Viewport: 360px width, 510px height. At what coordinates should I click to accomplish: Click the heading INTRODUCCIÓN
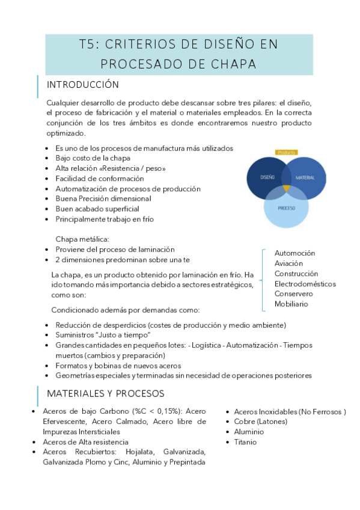82,84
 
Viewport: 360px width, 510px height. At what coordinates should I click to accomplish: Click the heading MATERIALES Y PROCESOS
106,393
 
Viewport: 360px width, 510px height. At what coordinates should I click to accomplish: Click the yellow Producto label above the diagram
286,152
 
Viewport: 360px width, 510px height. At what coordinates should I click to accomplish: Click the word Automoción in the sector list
294,253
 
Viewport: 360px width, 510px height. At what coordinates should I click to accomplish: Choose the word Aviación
288,263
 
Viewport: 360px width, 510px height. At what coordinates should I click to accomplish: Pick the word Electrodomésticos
305,284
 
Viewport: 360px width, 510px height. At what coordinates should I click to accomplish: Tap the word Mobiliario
291,304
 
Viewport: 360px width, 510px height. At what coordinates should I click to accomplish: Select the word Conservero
293,294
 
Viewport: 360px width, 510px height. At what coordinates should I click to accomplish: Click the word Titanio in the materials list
245,442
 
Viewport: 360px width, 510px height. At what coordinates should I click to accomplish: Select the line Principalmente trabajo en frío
105,219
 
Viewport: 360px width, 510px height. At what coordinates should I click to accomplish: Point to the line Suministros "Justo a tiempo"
103,334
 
